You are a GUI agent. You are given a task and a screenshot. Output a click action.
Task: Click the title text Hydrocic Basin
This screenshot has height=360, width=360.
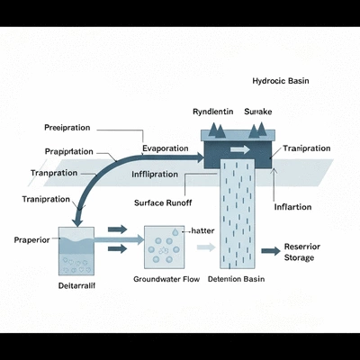point(281,80)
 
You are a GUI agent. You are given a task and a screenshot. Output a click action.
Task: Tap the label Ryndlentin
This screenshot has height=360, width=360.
point(213,111)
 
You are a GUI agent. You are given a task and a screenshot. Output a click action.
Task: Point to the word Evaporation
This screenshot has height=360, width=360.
point(165,148)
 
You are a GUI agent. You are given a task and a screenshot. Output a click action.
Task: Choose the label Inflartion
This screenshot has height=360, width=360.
point(292,207)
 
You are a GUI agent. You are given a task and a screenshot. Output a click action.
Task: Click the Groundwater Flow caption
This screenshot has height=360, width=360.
point(166,279)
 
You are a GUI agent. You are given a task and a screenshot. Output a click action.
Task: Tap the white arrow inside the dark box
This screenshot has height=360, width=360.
point(240,150)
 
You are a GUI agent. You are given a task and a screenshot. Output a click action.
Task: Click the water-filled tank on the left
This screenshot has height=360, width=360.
point(78,252)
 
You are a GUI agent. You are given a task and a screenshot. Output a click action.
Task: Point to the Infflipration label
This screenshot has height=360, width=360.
point(161,173)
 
